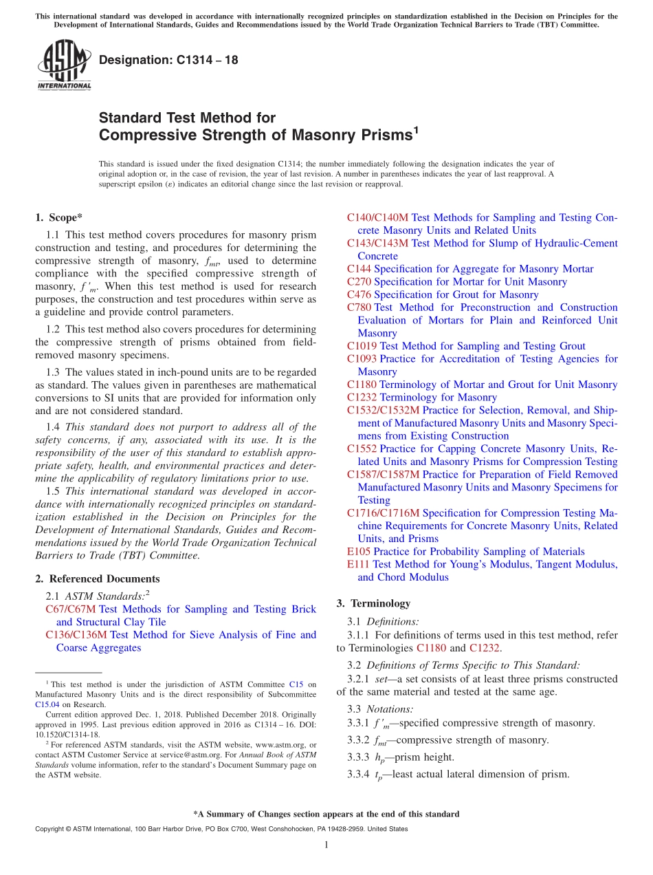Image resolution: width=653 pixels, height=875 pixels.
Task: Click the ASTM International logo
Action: click(x=64, y=65)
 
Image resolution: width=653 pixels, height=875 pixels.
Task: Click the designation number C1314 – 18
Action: click(x=168, y=60)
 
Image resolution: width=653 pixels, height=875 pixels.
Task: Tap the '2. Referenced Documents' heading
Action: click(x=97, y=579)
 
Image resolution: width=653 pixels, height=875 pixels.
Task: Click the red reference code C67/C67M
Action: click(x=71, y=609)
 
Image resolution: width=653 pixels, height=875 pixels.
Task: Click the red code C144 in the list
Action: click(x=359, y=269)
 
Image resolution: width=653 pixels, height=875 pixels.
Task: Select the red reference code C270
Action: click(x=359, y=281)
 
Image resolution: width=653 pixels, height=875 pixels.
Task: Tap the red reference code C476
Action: click(x=359, y=294)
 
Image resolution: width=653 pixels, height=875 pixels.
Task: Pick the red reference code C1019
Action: click(x=362, y=346)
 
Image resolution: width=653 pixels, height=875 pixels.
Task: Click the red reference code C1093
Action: click(x=362, y=358)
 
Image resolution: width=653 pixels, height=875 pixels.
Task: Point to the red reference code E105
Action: click(x=359, y=552)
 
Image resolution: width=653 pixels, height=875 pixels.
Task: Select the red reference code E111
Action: click(x=358, y=564)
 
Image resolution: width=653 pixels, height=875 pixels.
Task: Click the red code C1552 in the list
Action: click(x=362, y=449)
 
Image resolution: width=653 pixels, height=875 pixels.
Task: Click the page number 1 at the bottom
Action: click(x=326, y=845)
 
